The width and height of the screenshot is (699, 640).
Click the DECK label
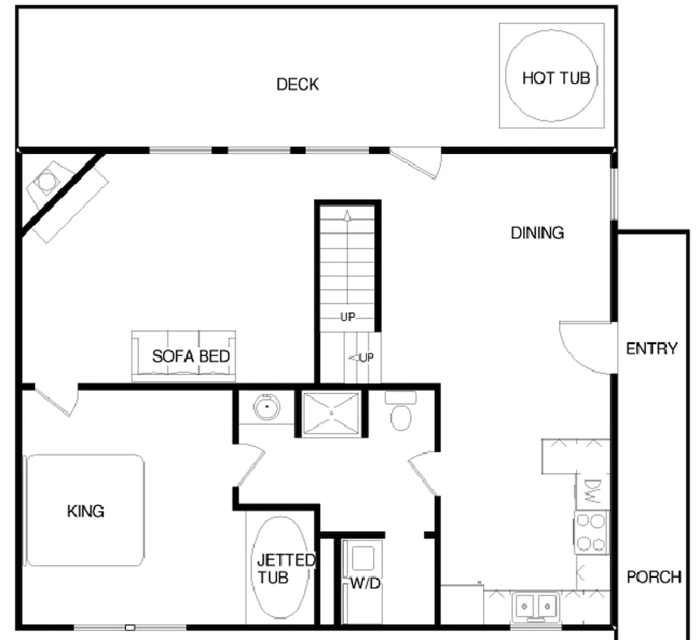(x=297, y=85)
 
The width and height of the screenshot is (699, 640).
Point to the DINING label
(x=537, y=233)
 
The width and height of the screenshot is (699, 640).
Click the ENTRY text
(x=651, y=348)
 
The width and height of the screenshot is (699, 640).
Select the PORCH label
(x=654, y=577)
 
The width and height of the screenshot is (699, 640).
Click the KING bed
(x=85, y=510)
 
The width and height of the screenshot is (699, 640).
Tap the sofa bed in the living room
(x=184, y=356)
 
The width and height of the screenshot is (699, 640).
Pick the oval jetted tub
(x=280, y=567)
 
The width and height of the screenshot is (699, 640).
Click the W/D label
(x=365, y=583)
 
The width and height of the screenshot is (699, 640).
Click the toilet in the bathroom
(x=401, y=411)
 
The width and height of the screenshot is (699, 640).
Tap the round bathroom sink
(x=266, y=407)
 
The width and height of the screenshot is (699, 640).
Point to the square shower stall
(x=331, y=413)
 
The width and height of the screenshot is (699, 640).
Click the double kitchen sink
(x=536, y=606)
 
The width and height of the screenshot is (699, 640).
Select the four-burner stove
(x=591, y=532)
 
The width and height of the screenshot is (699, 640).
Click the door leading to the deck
(x=415, y=164)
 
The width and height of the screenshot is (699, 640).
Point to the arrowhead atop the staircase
(x=347, y=216)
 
